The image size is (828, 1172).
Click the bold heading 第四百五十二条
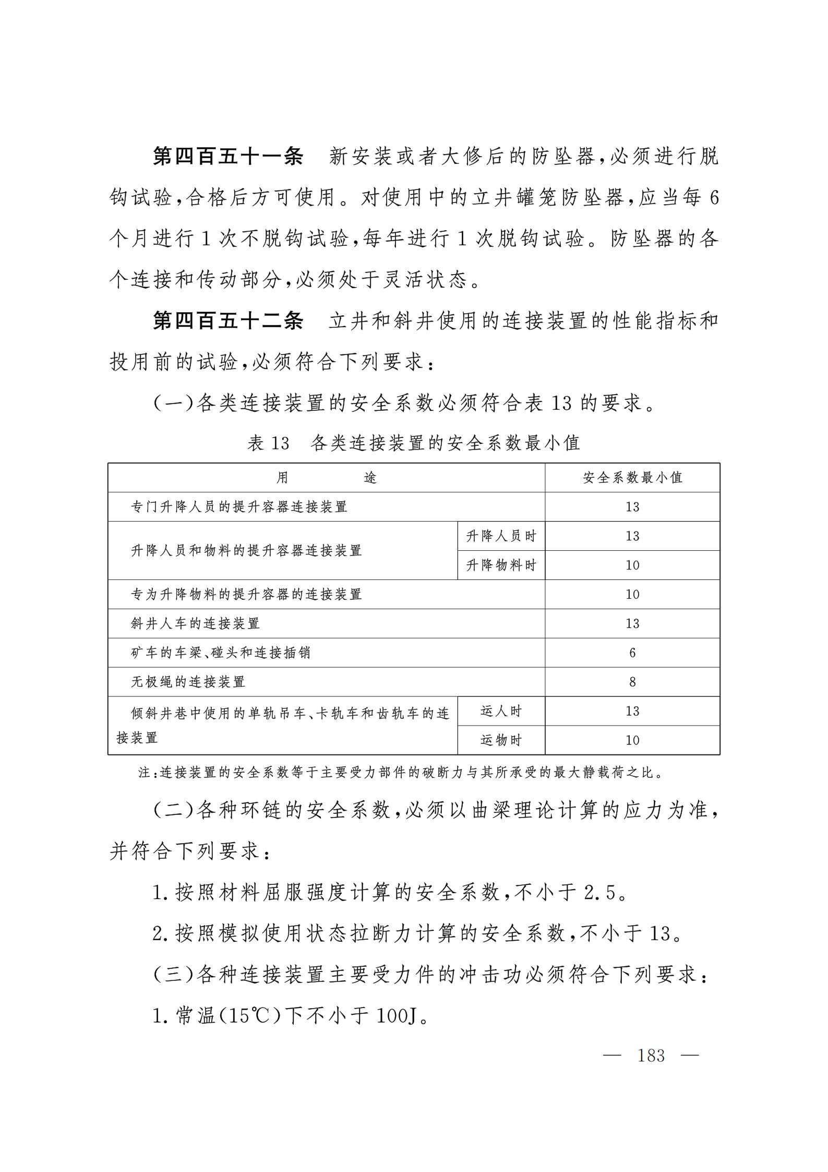(x=227, y=321)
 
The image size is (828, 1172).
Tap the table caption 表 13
(x=268, y=443)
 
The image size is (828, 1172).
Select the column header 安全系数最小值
(x=632, y=477)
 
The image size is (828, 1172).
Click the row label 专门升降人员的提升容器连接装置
(x=239, y=506)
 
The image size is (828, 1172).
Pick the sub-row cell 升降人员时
(x=501, y=536)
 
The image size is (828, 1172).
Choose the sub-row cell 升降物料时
(x=501, y=565)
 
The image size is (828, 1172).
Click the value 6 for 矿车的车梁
(x=632, y=653)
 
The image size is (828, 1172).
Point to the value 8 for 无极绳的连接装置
(x=632, y=682)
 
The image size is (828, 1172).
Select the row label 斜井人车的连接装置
(x=195, y=623)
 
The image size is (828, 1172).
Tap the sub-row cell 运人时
(x=501, y=711)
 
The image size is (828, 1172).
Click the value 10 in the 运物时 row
(x=632, y=740)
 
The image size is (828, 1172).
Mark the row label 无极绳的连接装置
(x=188, y=682)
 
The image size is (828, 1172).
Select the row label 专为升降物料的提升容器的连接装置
(x=246, y=594)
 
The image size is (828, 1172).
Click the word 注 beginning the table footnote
(x=144, y=773)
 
